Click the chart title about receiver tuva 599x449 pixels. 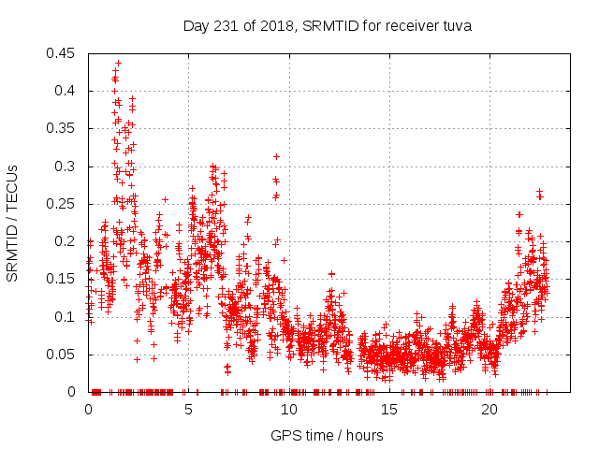[327, 26]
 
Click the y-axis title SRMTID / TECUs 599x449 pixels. [12, 224]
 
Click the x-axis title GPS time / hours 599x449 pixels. [327, 435]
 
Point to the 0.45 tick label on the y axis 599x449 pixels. [64, 53]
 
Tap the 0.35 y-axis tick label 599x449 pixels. [64, 129]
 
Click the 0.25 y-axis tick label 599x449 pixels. [64, 204]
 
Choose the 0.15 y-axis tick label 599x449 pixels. [64, 280]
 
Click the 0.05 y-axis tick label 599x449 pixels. [64, 355]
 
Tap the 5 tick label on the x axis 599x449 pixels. [189, 410]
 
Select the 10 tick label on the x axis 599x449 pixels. [289, 410]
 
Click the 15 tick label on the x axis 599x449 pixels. [389, 410]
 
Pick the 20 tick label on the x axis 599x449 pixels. [489, 410]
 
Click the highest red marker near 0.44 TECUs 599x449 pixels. [118, 64]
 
